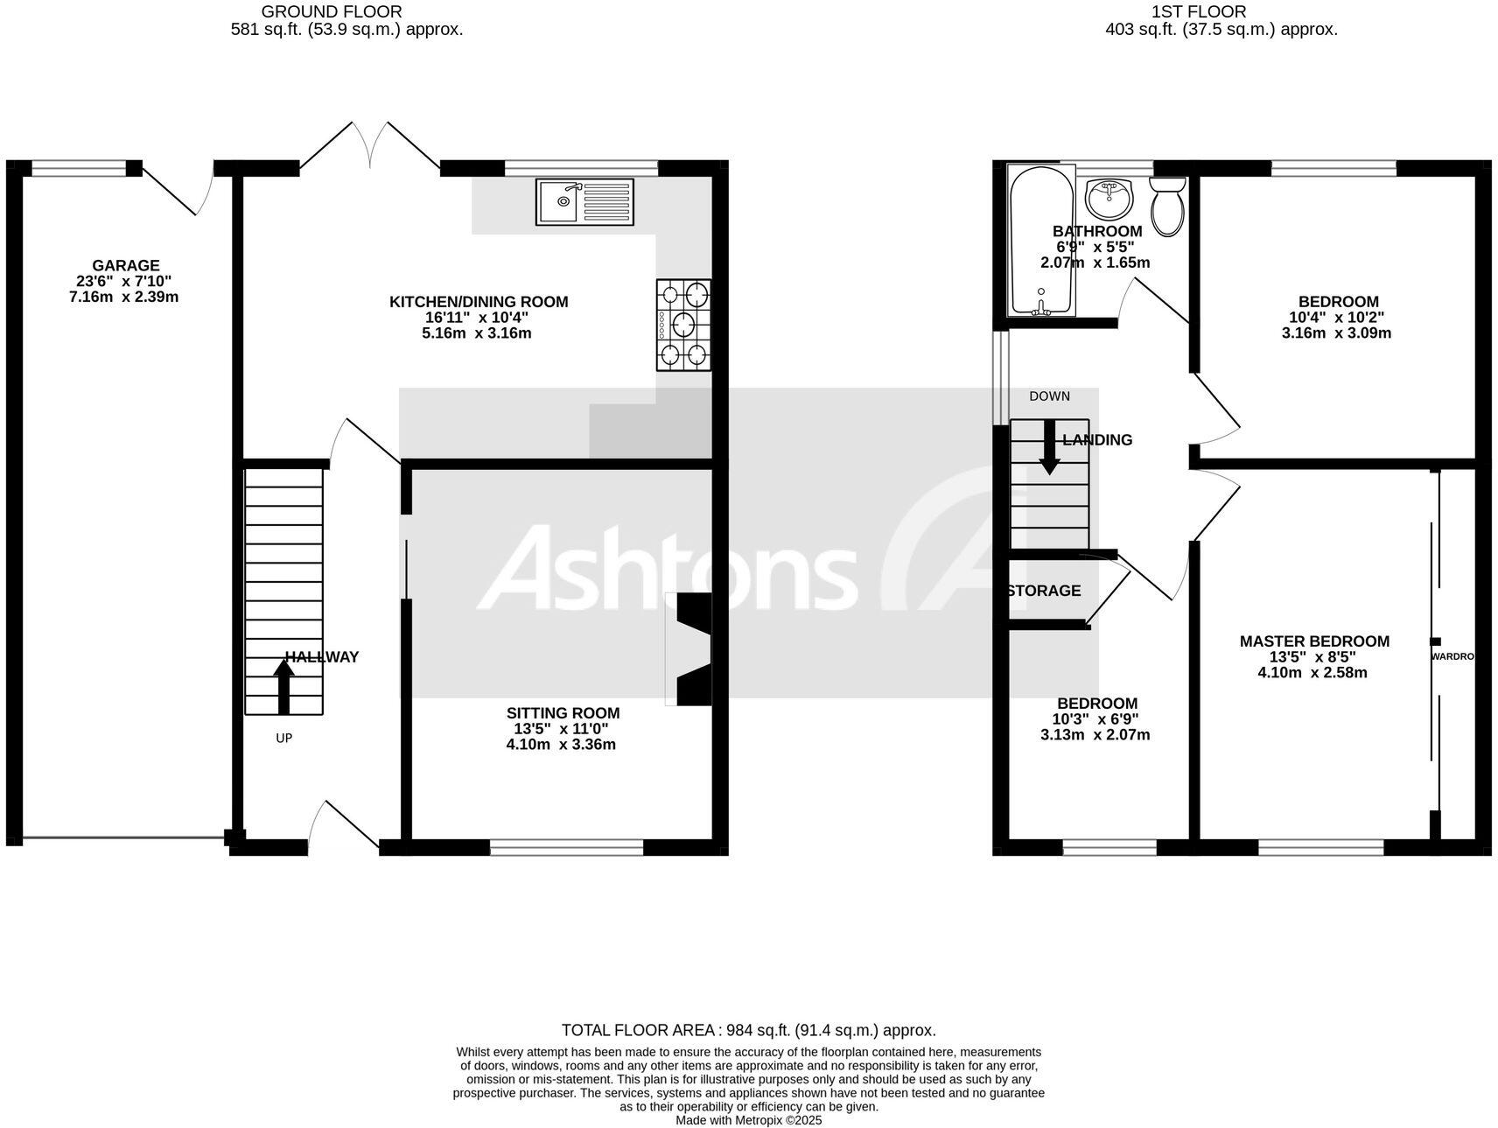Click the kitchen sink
click(x=584, y=201)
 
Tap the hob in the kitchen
click(x=683, y=325)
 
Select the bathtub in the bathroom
click(x=1039, y=241)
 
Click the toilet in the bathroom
click(x=1167, y=207)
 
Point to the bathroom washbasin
click(x=1109, y=199)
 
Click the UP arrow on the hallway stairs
click(x=283, y=686)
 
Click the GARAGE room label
click(x=126, y=266)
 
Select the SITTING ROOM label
click(x=563, y=713)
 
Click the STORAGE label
click(x=1044, y=591)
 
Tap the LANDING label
click(x=1097, y=440)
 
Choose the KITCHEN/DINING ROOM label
click(x=479, y=302)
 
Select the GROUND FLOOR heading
click(x=332, y=11)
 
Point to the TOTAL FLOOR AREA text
click(x=748, y=1030)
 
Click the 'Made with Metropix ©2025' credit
click(x=748, y=1120)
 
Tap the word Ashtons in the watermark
click(x=667, y=569)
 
